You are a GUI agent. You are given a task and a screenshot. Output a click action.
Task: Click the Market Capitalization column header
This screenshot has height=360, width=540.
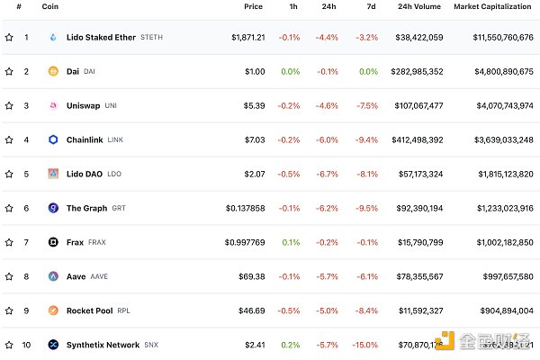pos(493,6)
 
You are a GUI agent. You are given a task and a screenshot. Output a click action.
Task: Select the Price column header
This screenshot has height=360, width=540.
pos(253,6)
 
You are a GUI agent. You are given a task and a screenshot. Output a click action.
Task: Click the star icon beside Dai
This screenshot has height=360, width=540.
pos(9,72)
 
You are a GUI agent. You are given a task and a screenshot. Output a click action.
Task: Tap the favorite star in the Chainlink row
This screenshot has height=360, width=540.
pos(9,140)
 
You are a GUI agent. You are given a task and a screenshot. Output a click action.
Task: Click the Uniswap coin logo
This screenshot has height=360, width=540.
pos(53,106)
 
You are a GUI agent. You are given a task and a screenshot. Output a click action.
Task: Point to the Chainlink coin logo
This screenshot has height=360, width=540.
pos(53,140)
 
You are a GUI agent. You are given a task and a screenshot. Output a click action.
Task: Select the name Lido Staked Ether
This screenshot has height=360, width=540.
pos(101,38)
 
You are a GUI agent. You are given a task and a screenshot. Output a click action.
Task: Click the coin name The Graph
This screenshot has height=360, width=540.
pos(86,209)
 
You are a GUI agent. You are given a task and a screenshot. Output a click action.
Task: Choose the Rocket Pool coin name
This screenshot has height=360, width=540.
pos(89,311)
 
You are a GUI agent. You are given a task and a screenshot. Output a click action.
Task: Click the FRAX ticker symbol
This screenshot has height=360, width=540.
pos(97,243)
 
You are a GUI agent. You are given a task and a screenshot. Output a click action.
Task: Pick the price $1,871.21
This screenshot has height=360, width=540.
pos(247,38)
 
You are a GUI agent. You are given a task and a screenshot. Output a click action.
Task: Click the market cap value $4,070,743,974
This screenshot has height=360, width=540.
pos(497,106)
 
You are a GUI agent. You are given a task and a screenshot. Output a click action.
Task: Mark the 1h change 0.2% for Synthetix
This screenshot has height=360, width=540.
pos(290,346)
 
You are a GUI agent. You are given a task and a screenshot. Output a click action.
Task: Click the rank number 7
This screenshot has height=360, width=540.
pos(26,243)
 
